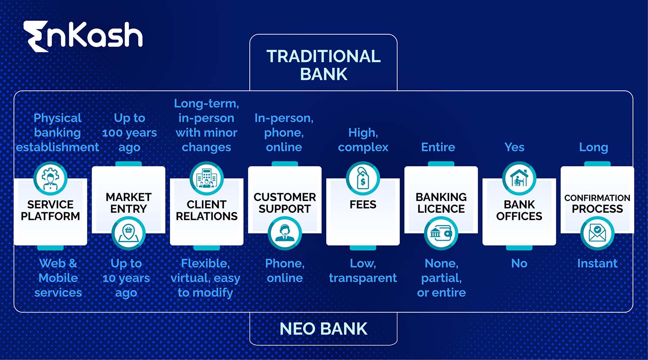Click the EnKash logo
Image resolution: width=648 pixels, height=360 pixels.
tap(83, 36)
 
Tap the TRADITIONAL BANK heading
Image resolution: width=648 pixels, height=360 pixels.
tap(323, 65)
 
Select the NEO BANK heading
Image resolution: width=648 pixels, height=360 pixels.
tap(323, 329)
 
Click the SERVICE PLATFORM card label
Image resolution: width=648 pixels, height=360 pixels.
tap(50, 210)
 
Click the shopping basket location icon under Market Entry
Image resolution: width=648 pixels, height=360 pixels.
tap(128, 233)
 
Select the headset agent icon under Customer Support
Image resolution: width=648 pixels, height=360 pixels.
tap(284, 233)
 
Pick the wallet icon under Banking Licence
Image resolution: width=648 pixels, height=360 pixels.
tap(441, 233)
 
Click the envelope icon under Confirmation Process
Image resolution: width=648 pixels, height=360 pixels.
tap(597, 233)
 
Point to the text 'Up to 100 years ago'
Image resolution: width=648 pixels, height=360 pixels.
tap(129, 132)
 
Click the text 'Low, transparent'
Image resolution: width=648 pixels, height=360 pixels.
tap(363, 271)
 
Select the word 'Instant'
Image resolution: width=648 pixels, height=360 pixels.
tap(597, 263)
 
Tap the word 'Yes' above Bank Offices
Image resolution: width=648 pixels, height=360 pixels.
tap(514, 147)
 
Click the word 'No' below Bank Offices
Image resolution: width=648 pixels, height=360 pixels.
tap(519, 263)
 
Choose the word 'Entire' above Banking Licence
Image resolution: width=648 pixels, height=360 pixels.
tap(438, 147)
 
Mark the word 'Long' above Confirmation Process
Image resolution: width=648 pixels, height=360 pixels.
tap(593, 147)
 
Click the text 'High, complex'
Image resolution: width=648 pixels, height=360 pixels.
tap(363, 140)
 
